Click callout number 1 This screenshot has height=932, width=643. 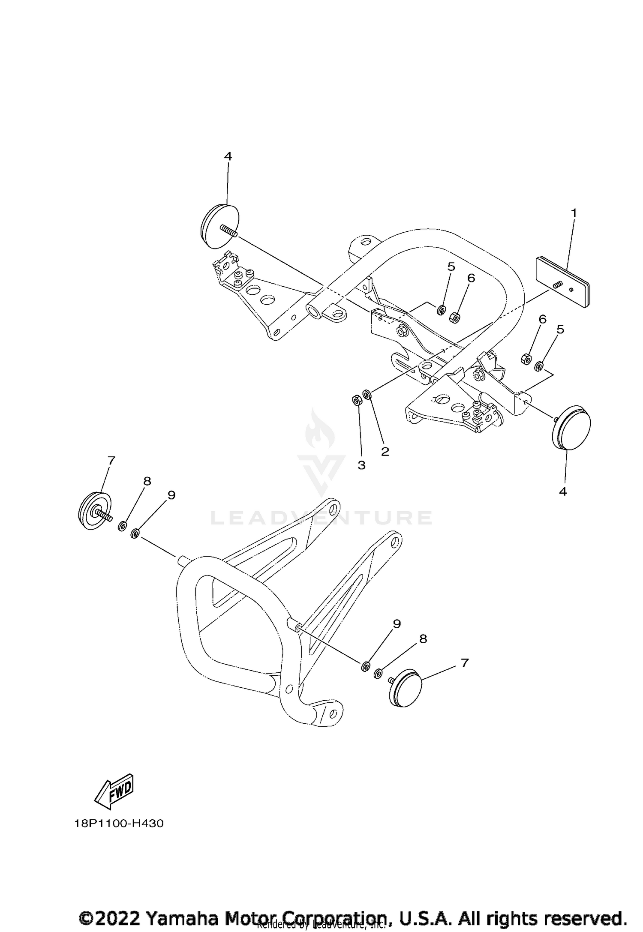[x=573, y=213]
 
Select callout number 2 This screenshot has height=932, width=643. [x=385, y=451]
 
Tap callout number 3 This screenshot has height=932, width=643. [x=361, y=465]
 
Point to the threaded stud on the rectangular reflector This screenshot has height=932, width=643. [x=556, y=285]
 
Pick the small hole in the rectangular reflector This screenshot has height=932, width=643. [x=571, y=290]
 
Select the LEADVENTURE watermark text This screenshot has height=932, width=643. [x=321, y=518]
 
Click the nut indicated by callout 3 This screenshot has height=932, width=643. [x=356, y=400]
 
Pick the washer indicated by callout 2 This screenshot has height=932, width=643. [x=367, y=394]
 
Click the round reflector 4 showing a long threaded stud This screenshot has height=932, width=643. [x=219, y=225]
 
